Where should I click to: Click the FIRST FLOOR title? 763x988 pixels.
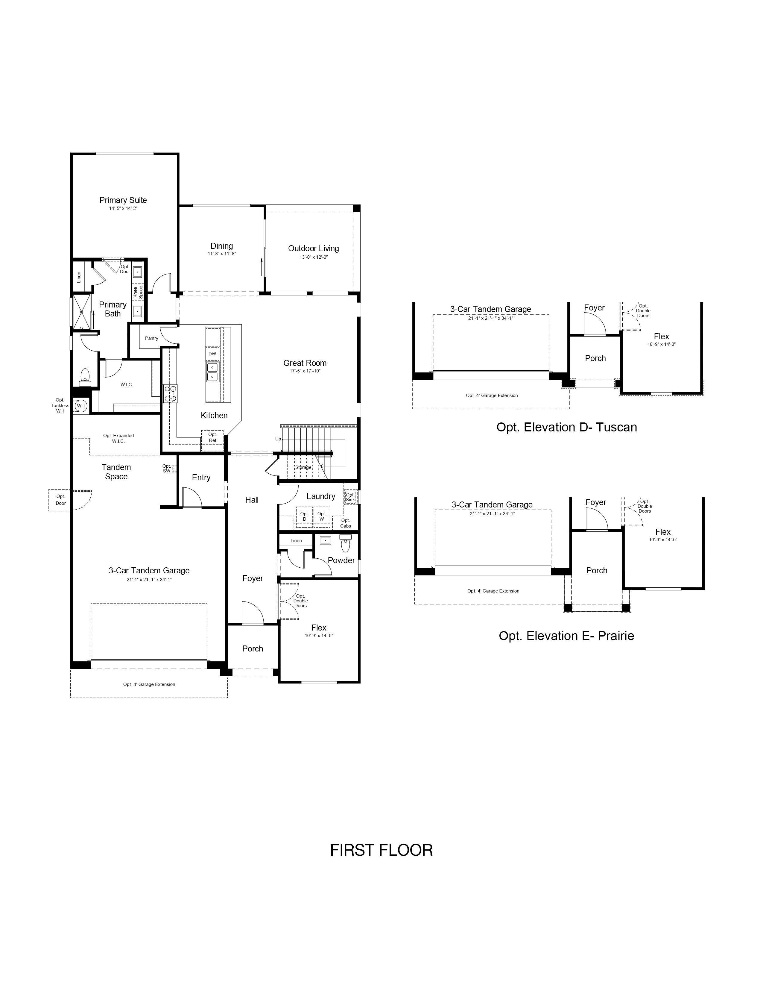tap(381, 850)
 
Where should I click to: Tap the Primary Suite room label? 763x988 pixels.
tap(123, 200)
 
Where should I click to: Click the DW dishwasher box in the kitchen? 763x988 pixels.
tap(212, 354)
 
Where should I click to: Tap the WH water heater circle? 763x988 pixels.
tap(80, 406)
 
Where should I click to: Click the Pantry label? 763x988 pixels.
tap(151, 338)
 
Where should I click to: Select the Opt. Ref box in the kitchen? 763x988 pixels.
tap(212, 437)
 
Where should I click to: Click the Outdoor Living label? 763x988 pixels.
tap(313, 248)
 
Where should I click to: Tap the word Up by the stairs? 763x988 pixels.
tap(278, 439)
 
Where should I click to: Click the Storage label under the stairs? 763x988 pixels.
tap(303, 467)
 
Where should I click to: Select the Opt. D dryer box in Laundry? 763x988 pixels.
tap(304, 517)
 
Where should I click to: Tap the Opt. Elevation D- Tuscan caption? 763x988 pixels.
tap(566, 428)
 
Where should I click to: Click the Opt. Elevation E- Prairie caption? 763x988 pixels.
tap(566, 636)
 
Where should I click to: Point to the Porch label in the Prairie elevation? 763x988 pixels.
tap(597, 570)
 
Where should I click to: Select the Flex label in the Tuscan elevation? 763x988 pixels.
tap(661, 336)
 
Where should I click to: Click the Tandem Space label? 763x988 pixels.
tap(116, 472)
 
